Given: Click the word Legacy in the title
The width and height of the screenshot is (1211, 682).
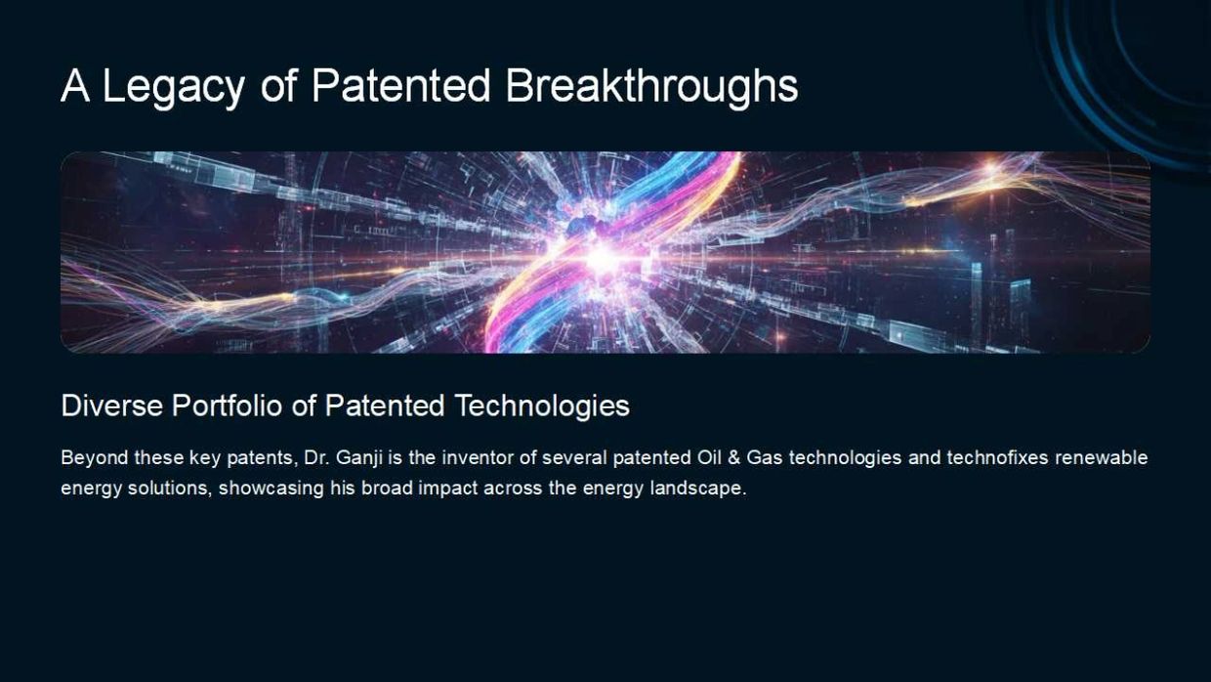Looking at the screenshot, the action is click(173, 87).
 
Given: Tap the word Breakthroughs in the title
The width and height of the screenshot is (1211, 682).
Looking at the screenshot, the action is click(651, 87).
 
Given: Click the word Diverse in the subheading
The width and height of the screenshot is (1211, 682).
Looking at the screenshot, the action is click(112, 405).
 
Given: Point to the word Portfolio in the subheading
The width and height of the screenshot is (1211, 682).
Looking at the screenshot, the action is click(227, 405).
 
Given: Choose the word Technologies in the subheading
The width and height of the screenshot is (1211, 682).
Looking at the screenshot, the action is click(542, 406).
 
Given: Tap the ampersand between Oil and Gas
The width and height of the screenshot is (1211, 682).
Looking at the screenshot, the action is click(733, 458).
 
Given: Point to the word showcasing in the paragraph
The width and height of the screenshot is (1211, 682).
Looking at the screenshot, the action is click(271, 489).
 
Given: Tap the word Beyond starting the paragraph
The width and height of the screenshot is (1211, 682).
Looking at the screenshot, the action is click(95, 458).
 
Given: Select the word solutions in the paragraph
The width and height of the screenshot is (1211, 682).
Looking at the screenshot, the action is click(169, 489).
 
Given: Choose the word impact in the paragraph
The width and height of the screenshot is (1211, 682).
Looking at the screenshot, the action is click(448, 489).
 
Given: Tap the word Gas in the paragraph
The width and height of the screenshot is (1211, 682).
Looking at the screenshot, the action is click(765, 458).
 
